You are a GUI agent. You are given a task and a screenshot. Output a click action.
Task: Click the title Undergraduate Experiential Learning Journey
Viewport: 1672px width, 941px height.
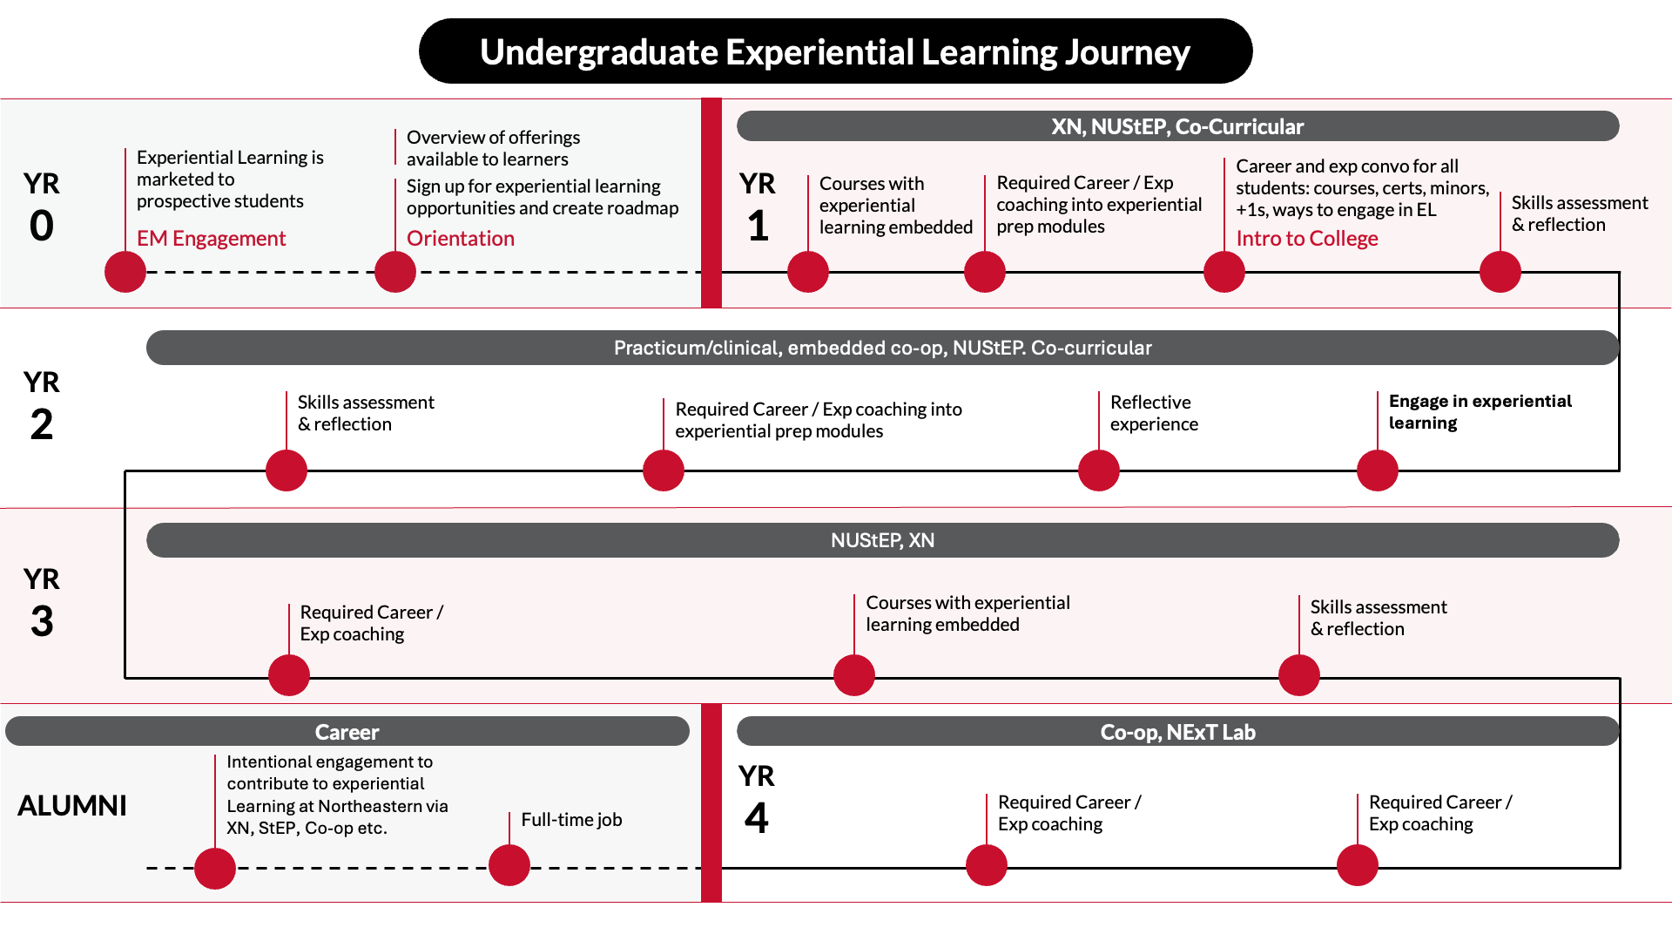pyautogui.click(x=834, y=52)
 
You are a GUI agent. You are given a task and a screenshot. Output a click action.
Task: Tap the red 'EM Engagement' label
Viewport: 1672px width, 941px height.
pyautogui.click(x=211, y=239)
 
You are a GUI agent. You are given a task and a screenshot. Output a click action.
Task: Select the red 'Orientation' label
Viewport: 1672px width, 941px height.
pyautogui.click(x=460, y=239)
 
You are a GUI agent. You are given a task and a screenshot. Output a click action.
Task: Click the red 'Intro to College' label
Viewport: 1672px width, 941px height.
pyautogui.click(x=1306, y=239)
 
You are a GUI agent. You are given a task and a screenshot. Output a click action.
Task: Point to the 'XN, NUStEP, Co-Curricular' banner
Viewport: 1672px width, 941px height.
pyautogui.click(x=1177, y=126)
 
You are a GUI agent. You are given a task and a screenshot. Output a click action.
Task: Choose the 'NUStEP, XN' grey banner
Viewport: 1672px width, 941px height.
pyautogui.click(x=882, y=540)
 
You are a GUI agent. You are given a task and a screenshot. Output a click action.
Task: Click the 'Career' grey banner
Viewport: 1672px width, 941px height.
pyautogui.click(x=347, y=732)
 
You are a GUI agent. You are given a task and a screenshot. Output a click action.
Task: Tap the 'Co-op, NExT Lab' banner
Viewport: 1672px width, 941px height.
pyautogui.click(x=1177, y=732)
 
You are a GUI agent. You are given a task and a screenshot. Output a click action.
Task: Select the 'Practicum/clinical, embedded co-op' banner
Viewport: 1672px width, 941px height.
pyautogui.click(x=882, y=348)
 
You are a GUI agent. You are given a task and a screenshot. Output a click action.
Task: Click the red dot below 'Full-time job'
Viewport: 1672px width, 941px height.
pyautogui.click(x=509, y=865)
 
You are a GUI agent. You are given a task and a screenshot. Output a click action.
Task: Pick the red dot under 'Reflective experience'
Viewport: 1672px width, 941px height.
pyautogui.click(x=1099, y=470)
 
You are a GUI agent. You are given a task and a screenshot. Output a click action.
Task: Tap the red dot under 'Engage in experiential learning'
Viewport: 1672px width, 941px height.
pyautogui.click(x=1378, y=470)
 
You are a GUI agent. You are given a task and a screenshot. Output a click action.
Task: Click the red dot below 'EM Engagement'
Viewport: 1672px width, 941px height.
pyautogui.click(x=125, y=272)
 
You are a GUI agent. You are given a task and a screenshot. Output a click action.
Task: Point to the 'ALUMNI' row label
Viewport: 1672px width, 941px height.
pyautogui.click(x=72, y=805)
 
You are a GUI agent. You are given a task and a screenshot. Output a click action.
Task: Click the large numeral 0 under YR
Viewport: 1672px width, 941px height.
pyautogui.click(x=42, y=226)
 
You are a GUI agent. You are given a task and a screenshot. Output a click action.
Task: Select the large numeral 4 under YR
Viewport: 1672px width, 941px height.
pyautogui.click(x=757, y=818)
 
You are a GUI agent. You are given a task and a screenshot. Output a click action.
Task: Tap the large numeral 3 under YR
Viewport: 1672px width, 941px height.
pyautogui.click(x=42, y=621)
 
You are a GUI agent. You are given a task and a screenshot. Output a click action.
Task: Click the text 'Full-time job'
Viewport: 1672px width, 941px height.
pyautogui.click(x=571, y=819)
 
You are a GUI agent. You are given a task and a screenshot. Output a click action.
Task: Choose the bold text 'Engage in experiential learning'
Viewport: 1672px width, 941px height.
pyautogui.click(x=1480, y=411)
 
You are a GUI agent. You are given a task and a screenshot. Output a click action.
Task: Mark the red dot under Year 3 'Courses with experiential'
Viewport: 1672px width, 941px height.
pyautogui.click(x=854, y=675)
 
